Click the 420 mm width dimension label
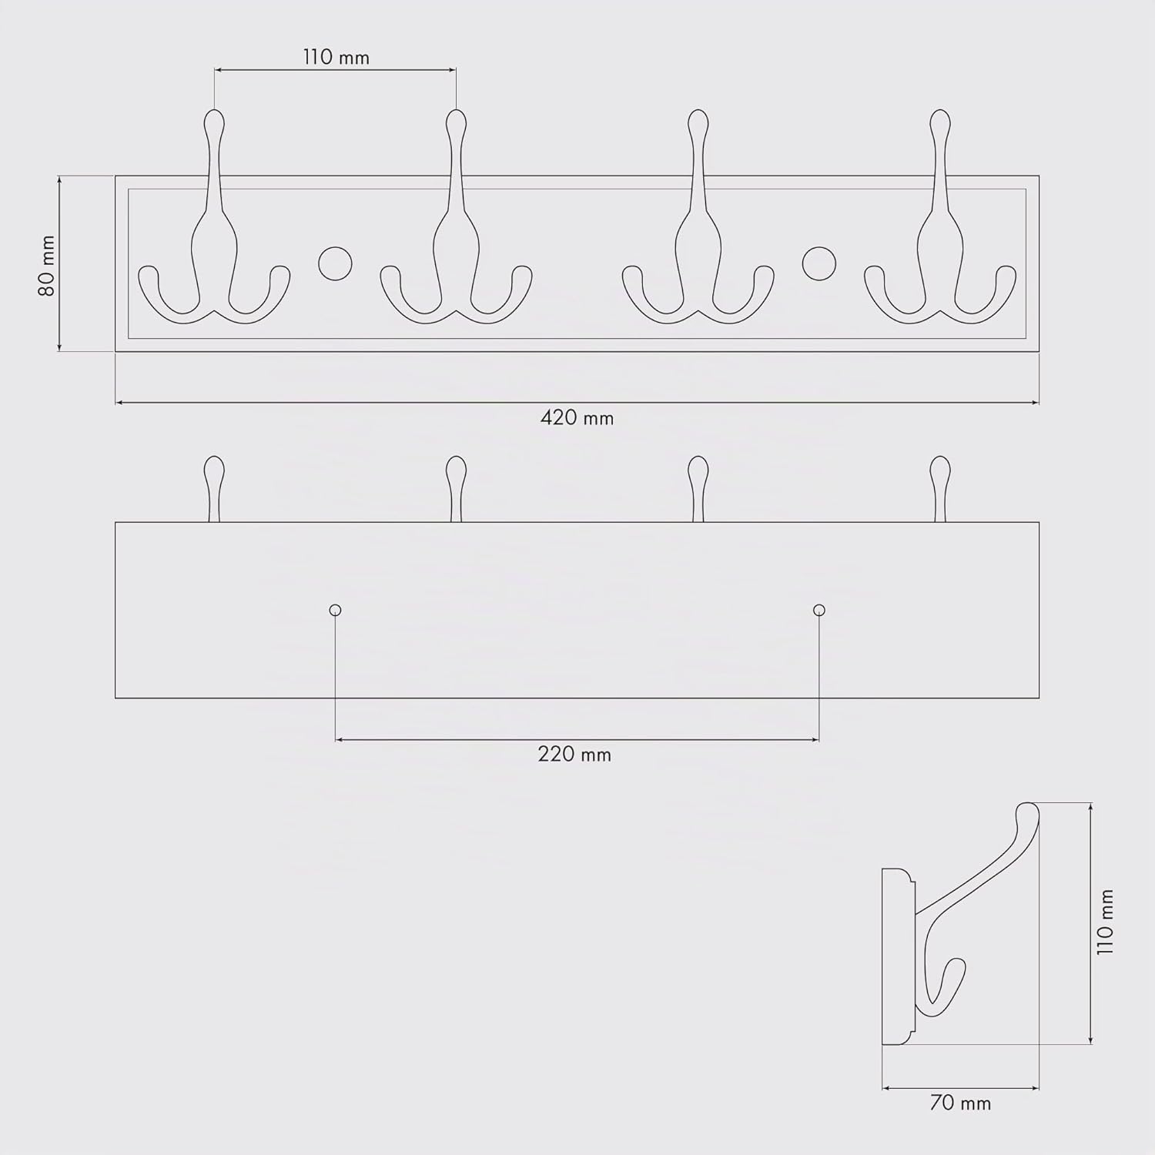point(577,418)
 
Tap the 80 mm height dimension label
point(47,266)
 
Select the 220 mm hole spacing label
point(574,754)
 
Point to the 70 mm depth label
point(960,1103)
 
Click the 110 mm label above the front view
point(336,57)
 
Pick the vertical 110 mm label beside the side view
point(1106,922)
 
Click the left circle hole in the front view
point(335,263)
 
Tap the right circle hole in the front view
point(819,263)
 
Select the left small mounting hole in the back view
point(335,611)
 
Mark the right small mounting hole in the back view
point(819,611)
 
